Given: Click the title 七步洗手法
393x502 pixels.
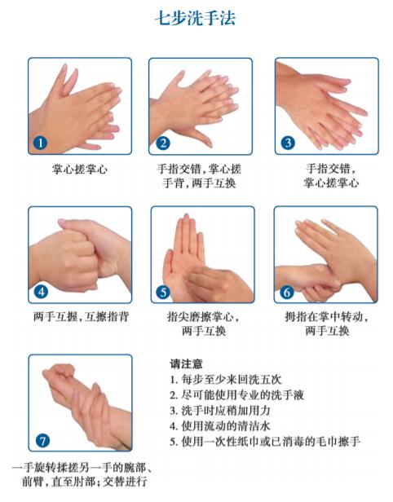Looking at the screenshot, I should [x=196, y=18].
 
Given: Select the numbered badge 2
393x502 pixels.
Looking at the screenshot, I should [x=163, y=143].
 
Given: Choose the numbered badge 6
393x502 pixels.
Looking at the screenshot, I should [x=287, y=291].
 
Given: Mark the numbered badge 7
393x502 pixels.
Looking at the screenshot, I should [x=42, y=441].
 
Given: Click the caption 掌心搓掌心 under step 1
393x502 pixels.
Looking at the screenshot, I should [x=79, y=170].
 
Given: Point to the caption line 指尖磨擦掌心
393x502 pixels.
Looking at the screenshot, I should [x=203, y=317].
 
